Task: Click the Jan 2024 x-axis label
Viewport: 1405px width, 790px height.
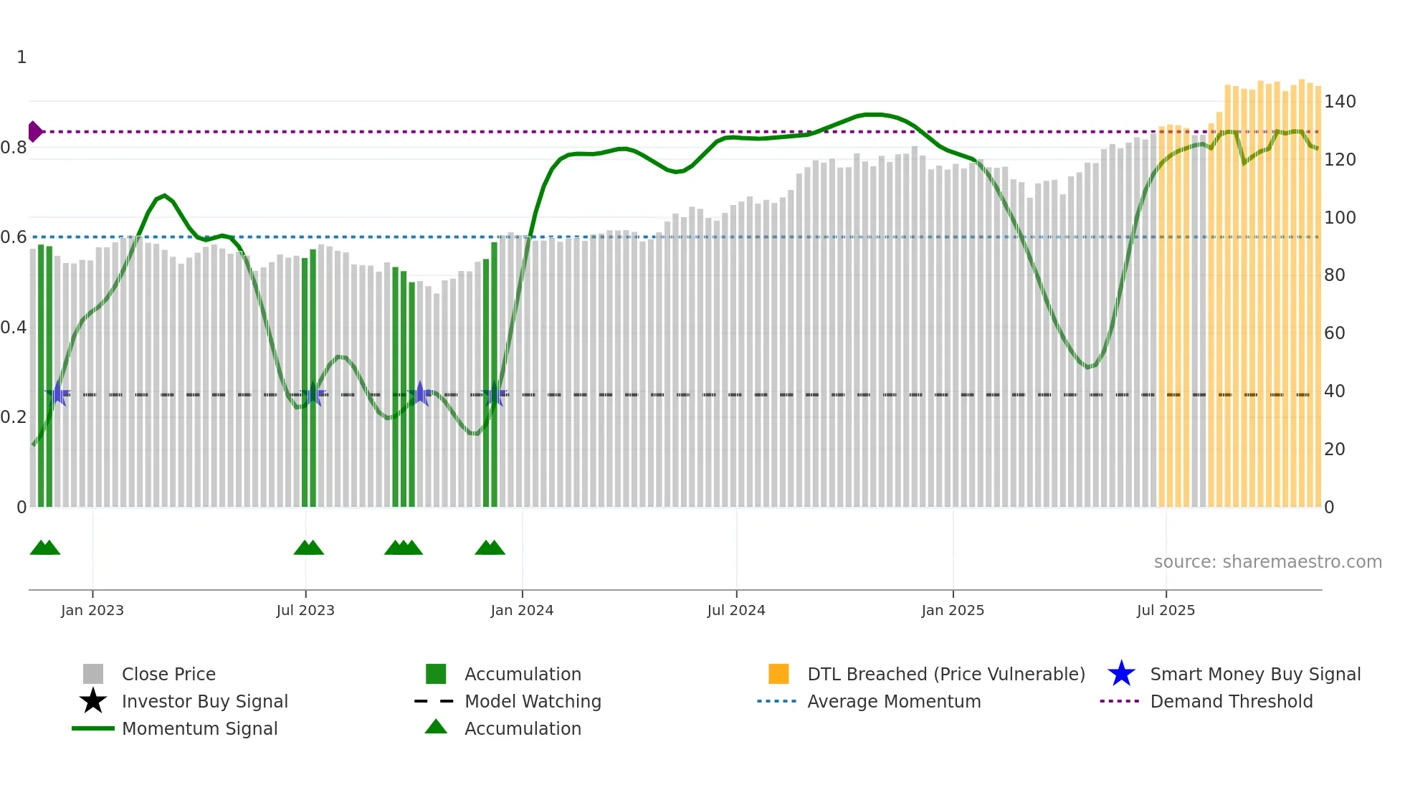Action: (x=522, y=610)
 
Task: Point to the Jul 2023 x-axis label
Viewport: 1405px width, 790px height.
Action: (x=305, y=610)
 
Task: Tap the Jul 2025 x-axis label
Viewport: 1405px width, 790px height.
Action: (x=1166, y=610)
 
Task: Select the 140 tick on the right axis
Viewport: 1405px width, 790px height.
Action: (x=1339, y=102)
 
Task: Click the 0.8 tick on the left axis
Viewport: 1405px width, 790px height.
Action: (x=14, y=148)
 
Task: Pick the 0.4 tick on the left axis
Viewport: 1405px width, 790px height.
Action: (x=14, y=328)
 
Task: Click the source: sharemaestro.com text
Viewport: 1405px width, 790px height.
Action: (x=1267, y=561)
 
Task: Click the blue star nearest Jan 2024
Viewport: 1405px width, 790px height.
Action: (x=494, y=394)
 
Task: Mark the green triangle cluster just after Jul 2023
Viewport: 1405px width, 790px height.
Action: (x=309, y=548)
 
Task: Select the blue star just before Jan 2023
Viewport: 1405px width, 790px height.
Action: (x=57, y=394)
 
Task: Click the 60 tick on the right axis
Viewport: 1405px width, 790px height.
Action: (x=1334, y=333)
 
